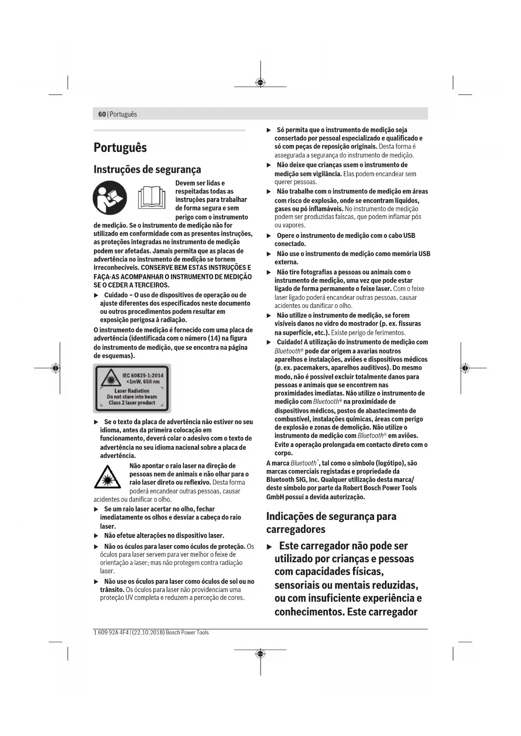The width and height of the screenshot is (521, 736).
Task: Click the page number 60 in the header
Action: coord(102,114)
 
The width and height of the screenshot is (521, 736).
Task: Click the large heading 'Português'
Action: coord(120,148)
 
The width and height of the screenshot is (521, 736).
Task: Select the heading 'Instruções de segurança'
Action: coord(147,170)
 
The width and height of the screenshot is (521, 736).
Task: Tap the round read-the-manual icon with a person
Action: coord(110,198)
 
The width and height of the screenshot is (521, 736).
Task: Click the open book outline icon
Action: coord(152,198)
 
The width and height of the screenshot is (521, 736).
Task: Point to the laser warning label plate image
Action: coord(132,389)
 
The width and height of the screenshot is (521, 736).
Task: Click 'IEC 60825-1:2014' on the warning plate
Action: coord(143,375)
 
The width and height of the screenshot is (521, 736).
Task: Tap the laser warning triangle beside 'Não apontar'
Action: coord(107,477)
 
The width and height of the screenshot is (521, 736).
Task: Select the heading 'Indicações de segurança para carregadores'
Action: coord(331,522)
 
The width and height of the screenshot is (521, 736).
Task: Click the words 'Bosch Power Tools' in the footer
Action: coord(187,632)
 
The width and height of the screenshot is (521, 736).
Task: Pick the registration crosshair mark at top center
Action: coord(260,83)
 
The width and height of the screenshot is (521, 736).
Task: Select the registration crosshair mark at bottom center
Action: coord(260,654)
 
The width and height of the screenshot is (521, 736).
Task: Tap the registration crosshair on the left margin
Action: coord(55,368)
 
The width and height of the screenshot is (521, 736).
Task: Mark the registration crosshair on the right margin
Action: coord(464,368)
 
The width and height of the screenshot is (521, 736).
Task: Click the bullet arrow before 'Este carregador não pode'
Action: coord(270,547)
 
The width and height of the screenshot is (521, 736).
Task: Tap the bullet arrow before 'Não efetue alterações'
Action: coord(96,536)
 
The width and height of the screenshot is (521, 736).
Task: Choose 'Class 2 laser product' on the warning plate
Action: coord(132,403)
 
